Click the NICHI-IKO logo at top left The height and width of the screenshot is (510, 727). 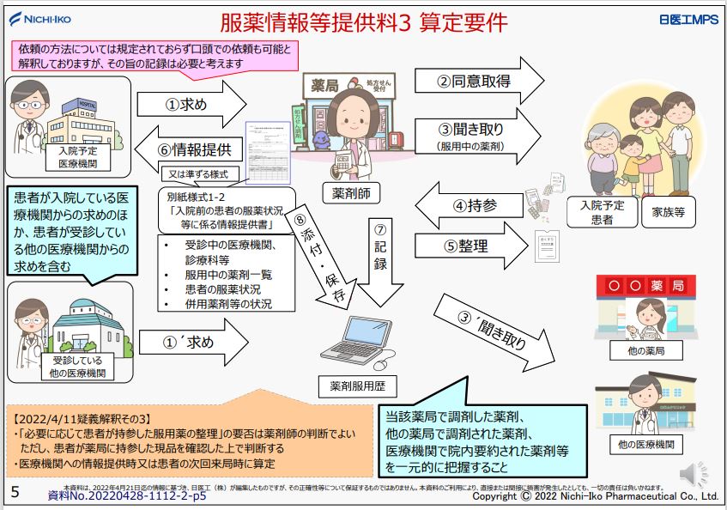point(40,18)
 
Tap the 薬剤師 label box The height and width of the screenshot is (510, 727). point(350,193)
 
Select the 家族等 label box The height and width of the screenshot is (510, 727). point(667,212)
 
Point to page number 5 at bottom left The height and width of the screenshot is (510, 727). point(15,492)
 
